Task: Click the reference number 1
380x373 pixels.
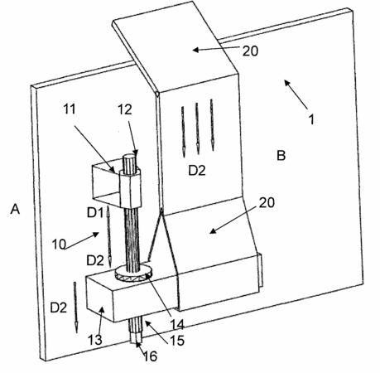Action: coord(311,119)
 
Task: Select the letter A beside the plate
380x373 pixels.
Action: coord(15,209)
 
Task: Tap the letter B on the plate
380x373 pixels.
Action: coord(281,156)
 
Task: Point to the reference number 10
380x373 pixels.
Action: coord(59,245)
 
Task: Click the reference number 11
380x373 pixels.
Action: coord(70,109)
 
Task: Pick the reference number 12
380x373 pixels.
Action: coord(125,109)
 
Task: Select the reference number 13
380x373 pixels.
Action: coord(95,340)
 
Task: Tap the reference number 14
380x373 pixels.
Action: coord(177,324)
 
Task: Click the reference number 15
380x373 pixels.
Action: coord(177,341)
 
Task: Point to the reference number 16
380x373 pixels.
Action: coord(151,356)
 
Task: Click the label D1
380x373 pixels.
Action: coord(95,213)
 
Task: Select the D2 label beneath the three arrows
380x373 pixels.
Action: coord(197,171)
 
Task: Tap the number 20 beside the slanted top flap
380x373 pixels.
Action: coord(250,51)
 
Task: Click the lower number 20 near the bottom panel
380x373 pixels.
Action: coord(267,202)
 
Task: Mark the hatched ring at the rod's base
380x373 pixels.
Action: coord(133,273)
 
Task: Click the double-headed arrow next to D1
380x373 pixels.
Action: coord(108,235)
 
